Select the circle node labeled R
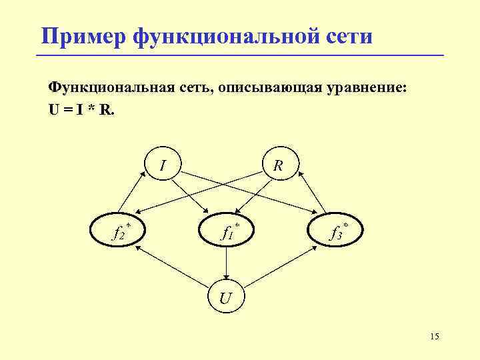pos(279,164)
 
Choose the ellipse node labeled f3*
pos(337,231)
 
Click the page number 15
pos(435,337)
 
